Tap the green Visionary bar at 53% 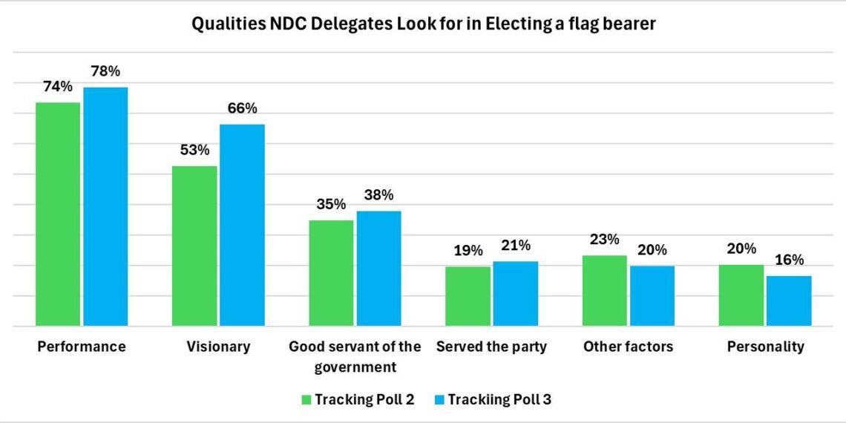click(194, 246)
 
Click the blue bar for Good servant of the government click(378, 268)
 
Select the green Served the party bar click(468, 296)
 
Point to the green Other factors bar click(604, 290)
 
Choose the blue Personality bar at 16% click(788, 301)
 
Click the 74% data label click(58, 87)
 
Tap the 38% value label click(378, 196)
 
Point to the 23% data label click(605, 240)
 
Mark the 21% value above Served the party click(515, 246)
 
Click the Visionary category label click(218, 347)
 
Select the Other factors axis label click(628, 347)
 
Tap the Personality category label click(765, 347)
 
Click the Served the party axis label click(491, 347)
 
